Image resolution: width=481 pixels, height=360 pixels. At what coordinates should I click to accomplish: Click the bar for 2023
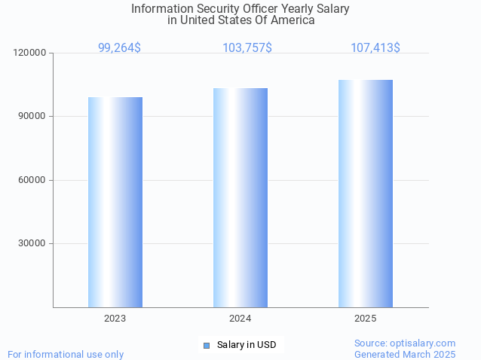click(x=115, y=202)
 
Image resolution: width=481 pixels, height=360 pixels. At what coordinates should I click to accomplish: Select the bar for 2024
click(x=240, y=197)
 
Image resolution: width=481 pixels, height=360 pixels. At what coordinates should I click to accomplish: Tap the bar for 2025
click(x=366, y=194)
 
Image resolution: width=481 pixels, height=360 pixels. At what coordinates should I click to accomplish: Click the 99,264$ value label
click(x=119, y=47)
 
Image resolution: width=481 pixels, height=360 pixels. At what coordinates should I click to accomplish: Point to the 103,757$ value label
click(x=247, y=47)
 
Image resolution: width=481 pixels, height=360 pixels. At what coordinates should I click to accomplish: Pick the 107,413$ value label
click(x=375, y=47)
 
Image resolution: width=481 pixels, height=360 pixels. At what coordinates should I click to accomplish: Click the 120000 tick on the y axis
click(x=30, y=53)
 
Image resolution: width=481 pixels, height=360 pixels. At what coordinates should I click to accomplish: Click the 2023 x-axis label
click(x=115, y=319)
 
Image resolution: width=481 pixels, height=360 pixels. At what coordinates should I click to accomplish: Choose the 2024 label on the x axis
click(x=240, y=319)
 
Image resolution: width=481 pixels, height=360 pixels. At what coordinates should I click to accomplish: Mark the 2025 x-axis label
click(x=366, y=319)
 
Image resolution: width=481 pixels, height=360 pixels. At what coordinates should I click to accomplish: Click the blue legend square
click(x=206, y=345)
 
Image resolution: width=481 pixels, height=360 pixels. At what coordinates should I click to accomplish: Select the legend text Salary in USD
click(x=247, y=345)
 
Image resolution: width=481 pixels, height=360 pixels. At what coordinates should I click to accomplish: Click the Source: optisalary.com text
click(x=405, y=343)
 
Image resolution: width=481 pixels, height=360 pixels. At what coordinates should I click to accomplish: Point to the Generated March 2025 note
click(x=405, y=354)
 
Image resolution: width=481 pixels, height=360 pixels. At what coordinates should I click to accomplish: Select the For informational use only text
click(x=66, y=354)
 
